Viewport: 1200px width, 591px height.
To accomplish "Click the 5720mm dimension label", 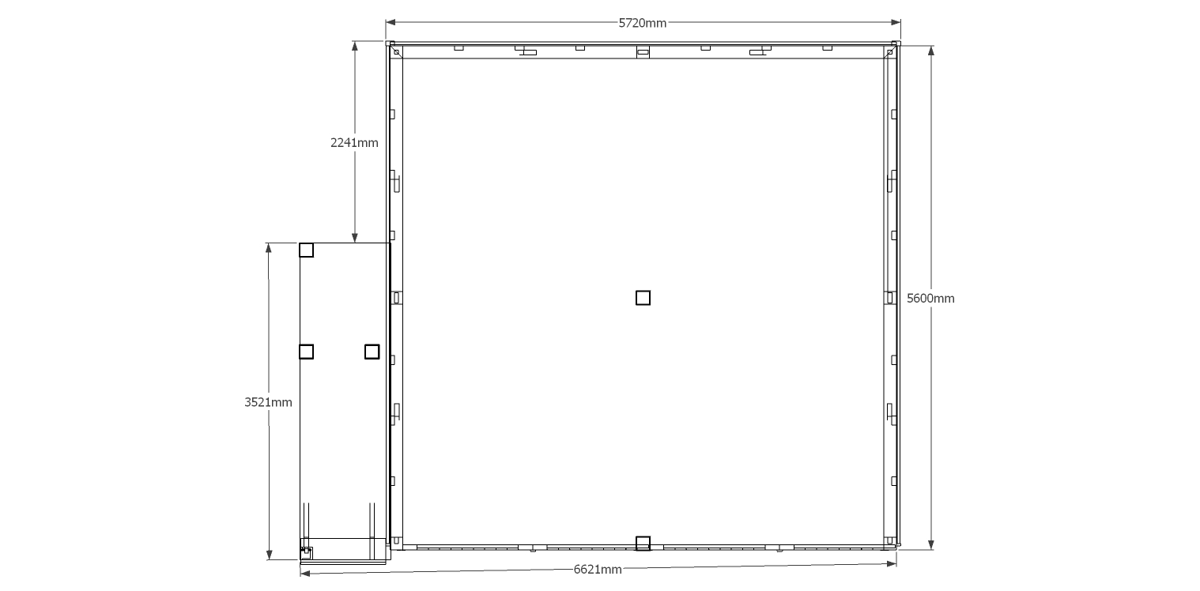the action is (643, 23).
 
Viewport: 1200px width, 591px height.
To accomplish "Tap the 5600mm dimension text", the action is (930, 298).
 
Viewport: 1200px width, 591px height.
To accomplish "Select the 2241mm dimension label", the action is (354, 142).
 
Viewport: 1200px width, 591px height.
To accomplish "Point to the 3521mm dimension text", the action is (269, 402).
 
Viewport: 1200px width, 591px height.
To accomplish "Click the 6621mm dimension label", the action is (598, 570).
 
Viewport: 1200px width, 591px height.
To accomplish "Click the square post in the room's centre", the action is (643, 298).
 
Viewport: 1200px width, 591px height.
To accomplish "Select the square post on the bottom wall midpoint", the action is (643, 544).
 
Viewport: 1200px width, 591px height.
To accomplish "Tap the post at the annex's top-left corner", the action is (307, 250).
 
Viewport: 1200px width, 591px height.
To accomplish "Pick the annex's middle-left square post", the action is (307, 352).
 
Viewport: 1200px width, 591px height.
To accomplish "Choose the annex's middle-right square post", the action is (372, 352).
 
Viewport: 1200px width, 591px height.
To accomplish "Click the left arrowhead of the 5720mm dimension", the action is (391, 22).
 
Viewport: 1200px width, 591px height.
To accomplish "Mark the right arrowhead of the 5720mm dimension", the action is (896, 22).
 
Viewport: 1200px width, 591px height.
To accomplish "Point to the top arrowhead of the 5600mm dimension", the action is (931, 51).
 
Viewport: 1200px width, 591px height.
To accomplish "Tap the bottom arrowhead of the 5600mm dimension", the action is (931, 544).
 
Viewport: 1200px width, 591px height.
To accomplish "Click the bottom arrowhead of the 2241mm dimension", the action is (355, 238).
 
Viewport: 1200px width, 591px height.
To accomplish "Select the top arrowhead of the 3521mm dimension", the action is (269, 248).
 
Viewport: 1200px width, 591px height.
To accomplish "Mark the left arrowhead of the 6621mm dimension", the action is (305, 574).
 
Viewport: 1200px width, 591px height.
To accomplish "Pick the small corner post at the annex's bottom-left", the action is (307, 552).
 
